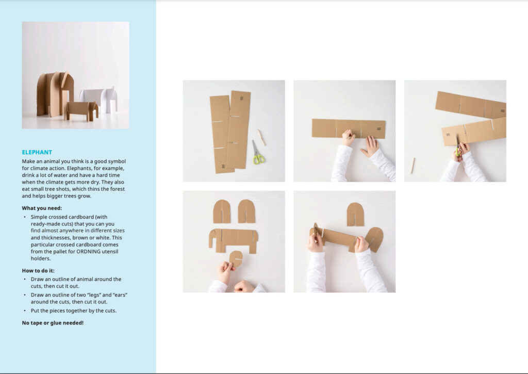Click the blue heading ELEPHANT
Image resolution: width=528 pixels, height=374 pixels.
coord(37,152)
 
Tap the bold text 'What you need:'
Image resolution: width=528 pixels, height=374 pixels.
coord(42,208)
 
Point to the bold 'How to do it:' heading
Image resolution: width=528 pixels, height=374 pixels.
coord(38,270)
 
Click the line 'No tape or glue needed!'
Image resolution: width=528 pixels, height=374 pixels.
coord(53,323)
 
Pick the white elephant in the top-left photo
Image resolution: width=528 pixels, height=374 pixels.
coord(100,100)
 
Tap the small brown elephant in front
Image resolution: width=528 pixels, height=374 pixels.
coord(81,110)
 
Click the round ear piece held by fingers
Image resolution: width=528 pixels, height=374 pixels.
coord(236,259)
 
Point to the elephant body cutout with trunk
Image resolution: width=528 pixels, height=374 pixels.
coord(233,240)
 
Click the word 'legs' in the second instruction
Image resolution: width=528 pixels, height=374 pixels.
coord(95,295)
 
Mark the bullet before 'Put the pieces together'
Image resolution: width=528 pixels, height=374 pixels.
coord(25,311)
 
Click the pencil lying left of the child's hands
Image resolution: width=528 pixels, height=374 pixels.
coord(412,166)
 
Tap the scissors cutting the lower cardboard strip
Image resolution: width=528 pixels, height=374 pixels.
coord(458,146)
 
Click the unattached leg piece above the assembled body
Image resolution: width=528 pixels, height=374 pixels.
coord(355,214)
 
